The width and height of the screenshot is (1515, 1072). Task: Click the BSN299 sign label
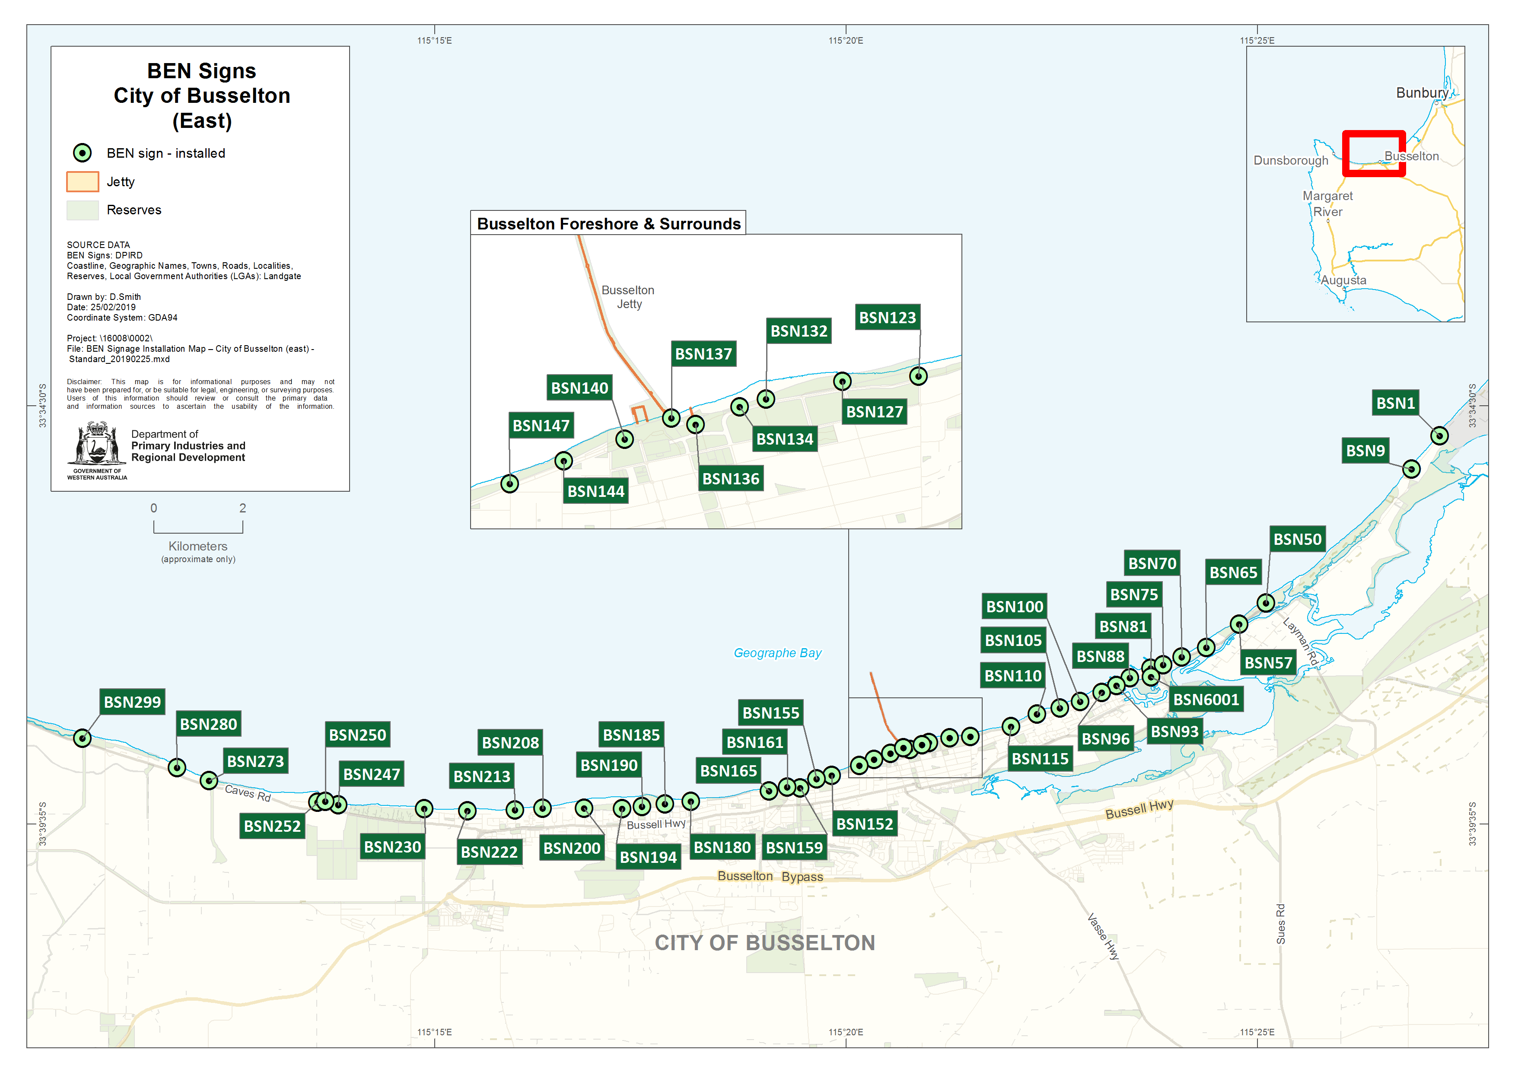(132, 702)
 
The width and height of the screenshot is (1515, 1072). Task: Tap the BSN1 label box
(1395, 403)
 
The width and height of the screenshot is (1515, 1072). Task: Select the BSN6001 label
(1206, 699)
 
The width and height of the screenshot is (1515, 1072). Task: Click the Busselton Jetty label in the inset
(628, 297)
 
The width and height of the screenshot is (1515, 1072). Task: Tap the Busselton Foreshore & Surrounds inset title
(608, 224)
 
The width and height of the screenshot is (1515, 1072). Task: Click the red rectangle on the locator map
(1374, 153)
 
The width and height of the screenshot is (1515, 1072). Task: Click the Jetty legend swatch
(83, 181)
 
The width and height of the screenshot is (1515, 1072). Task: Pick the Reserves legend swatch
(83, 210)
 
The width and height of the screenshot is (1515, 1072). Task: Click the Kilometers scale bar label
(197, 546)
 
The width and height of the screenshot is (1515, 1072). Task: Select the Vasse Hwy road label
(1103, 936)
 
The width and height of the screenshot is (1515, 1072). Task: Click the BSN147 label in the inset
(541, 426)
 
